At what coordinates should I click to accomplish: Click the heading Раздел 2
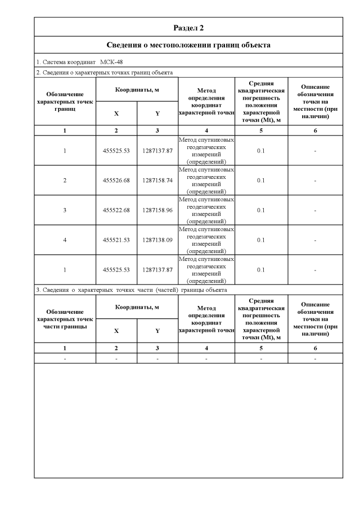click(x=188, y=27)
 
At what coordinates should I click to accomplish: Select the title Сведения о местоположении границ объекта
click(x=188, y=44)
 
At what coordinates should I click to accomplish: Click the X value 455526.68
click(x=116, y=181)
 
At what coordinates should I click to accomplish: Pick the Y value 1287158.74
click(x=157, y=181)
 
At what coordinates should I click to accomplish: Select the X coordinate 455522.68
click(x=116, y=210)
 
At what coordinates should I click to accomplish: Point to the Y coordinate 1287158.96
click(x=157, y=210)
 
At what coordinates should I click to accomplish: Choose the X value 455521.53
click(x=116, y=240)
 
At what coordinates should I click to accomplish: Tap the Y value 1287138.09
click(x=157, y=240)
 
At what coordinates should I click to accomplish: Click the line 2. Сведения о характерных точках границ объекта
click(x=104, y=73)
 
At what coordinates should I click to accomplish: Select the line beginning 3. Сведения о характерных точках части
click(x=131, y=290)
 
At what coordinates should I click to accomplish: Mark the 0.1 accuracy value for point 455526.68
click(x=261, y=181)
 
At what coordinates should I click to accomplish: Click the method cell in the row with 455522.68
click(x=206, y=210)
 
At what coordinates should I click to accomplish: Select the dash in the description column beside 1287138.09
click(x=315, y=240)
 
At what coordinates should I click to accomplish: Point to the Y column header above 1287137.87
click(x=157, y=114)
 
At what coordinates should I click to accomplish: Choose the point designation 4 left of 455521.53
click(x=65, y=240)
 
